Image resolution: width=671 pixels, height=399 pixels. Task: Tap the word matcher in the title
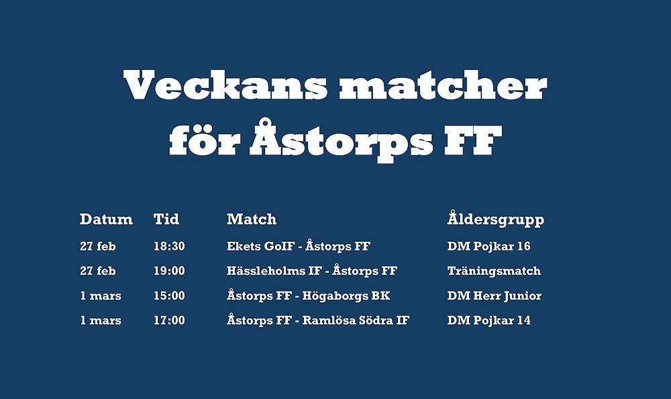444,85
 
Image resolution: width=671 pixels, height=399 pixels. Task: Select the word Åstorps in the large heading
342,138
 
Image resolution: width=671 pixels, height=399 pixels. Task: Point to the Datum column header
106,219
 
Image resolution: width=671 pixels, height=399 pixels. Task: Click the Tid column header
166,219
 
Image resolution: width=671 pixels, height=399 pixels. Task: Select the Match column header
252,219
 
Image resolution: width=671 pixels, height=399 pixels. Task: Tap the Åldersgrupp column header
496,218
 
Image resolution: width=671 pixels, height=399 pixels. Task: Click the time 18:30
169,246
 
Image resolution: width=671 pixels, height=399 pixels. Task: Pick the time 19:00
169,271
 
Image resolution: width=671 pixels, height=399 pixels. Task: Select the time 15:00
169,296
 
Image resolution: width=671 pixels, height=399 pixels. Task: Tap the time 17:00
169,320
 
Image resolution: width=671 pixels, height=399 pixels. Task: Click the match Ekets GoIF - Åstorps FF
299,246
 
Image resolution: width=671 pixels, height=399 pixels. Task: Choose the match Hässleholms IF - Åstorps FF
312,271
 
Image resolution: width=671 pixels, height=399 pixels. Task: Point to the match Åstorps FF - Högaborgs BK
308,296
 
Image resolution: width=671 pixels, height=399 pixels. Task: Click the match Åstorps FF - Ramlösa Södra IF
318,320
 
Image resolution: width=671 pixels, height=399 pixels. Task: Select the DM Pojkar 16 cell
488,247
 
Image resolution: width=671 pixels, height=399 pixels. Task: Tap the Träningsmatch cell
494,271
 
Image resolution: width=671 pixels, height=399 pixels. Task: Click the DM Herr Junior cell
495,296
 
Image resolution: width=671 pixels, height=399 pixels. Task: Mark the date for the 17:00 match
101,320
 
